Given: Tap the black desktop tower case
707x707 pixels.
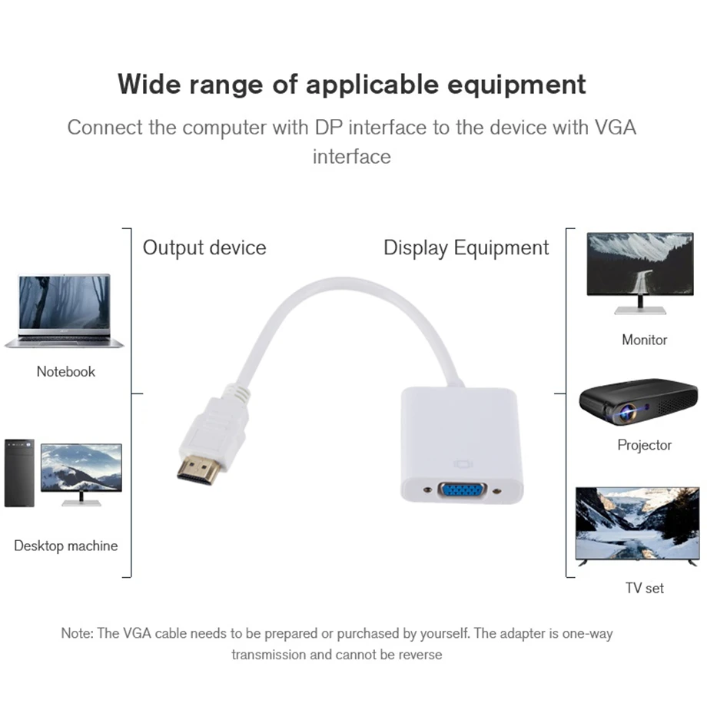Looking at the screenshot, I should click(19, 473).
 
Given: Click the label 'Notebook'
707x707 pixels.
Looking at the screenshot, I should click(66, 372).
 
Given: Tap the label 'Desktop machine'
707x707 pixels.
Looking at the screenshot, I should click(66, 546).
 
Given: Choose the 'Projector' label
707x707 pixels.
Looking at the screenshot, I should click(644, 445).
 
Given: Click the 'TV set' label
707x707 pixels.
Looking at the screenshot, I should click(644, 588).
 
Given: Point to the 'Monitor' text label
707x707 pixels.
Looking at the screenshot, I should click(644, 340).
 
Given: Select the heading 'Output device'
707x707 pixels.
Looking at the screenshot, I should click(204, 248).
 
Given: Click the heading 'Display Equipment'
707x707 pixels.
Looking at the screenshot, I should click(466, 248).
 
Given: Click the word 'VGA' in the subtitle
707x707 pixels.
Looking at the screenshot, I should click(616, 128).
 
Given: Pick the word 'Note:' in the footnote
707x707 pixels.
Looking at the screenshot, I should click(78, 634).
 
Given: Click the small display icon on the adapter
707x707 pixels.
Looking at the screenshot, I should click(461, 464).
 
